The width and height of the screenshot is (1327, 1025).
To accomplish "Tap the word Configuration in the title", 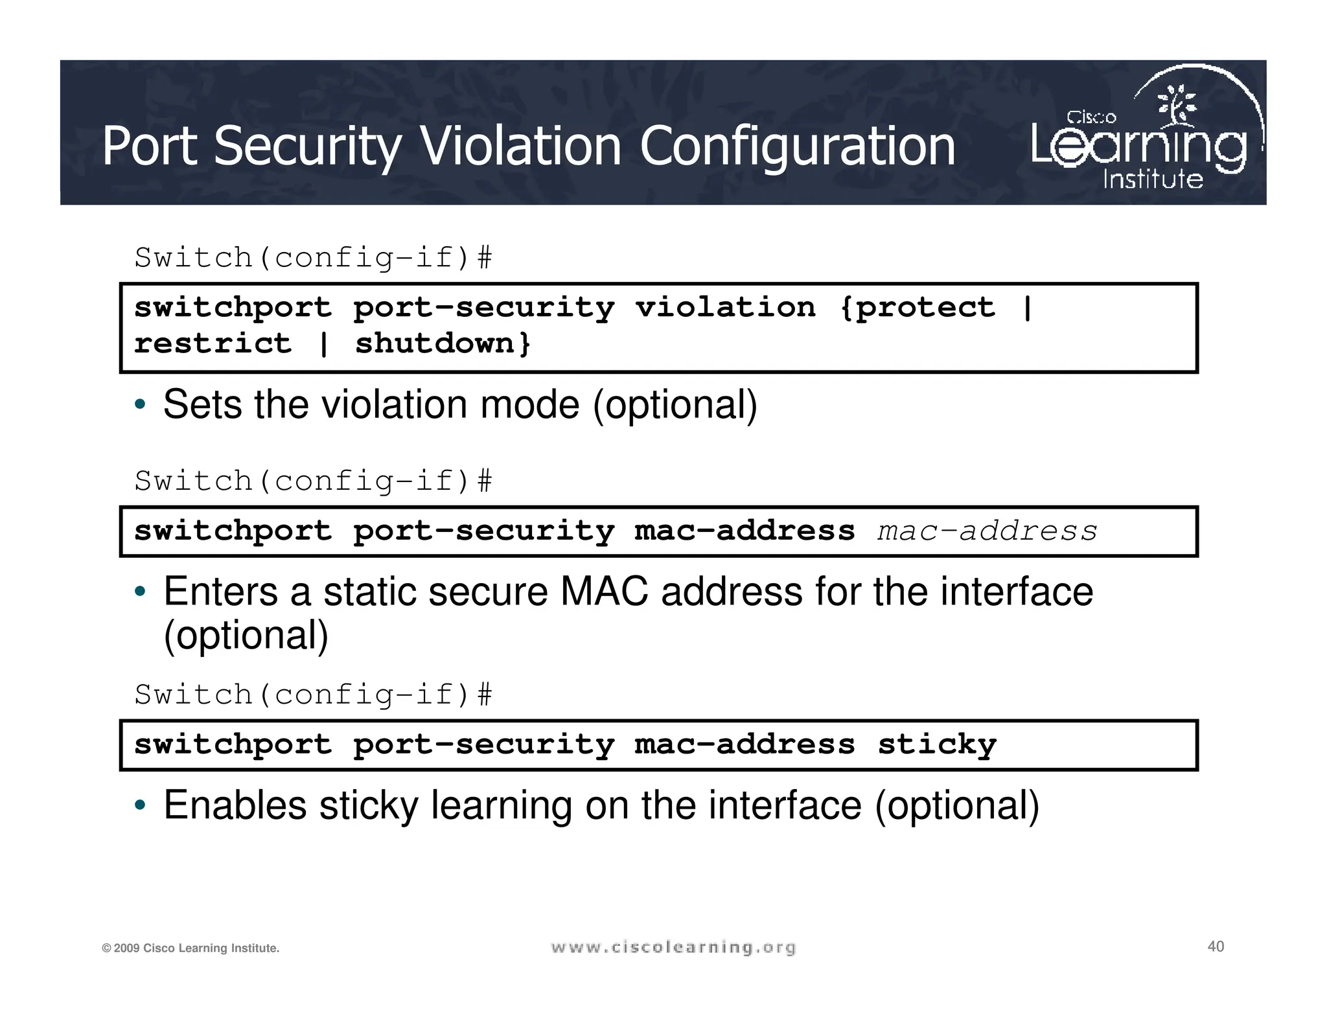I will [x=798, y=148].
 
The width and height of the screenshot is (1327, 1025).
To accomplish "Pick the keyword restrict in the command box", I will [x=213, y=343].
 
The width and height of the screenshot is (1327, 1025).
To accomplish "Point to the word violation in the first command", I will [x=725, y=308].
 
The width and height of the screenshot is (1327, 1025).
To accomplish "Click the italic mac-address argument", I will [x=987, y=531].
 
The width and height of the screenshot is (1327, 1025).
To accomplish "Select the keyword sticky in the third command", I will [x=937, y=745].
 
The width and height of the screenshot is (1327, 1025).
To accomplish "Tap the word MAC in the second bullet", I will [x=604, y=592].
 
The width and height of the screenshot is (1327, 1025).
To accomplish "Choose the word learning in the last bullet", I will [x=502, y=805].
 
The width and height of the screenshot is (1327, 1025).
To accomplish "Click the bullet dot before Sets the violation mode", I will [x=140, y=405].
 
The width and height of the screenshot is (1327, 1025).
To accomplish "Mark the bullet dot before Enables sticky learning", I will [x=140, y=806].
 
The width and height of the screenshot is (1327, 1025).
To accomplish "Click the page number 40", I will [x=1216, y=947].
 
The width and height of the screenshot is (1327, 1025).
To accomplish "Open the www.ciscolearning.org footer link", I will [x=673, y=948].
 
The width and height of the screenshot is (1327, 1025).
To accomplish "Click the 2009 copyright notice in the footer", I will [x=190, y=949].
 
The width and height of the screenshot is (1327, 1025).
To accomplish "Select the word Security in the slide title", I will [x=308, y=148].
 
